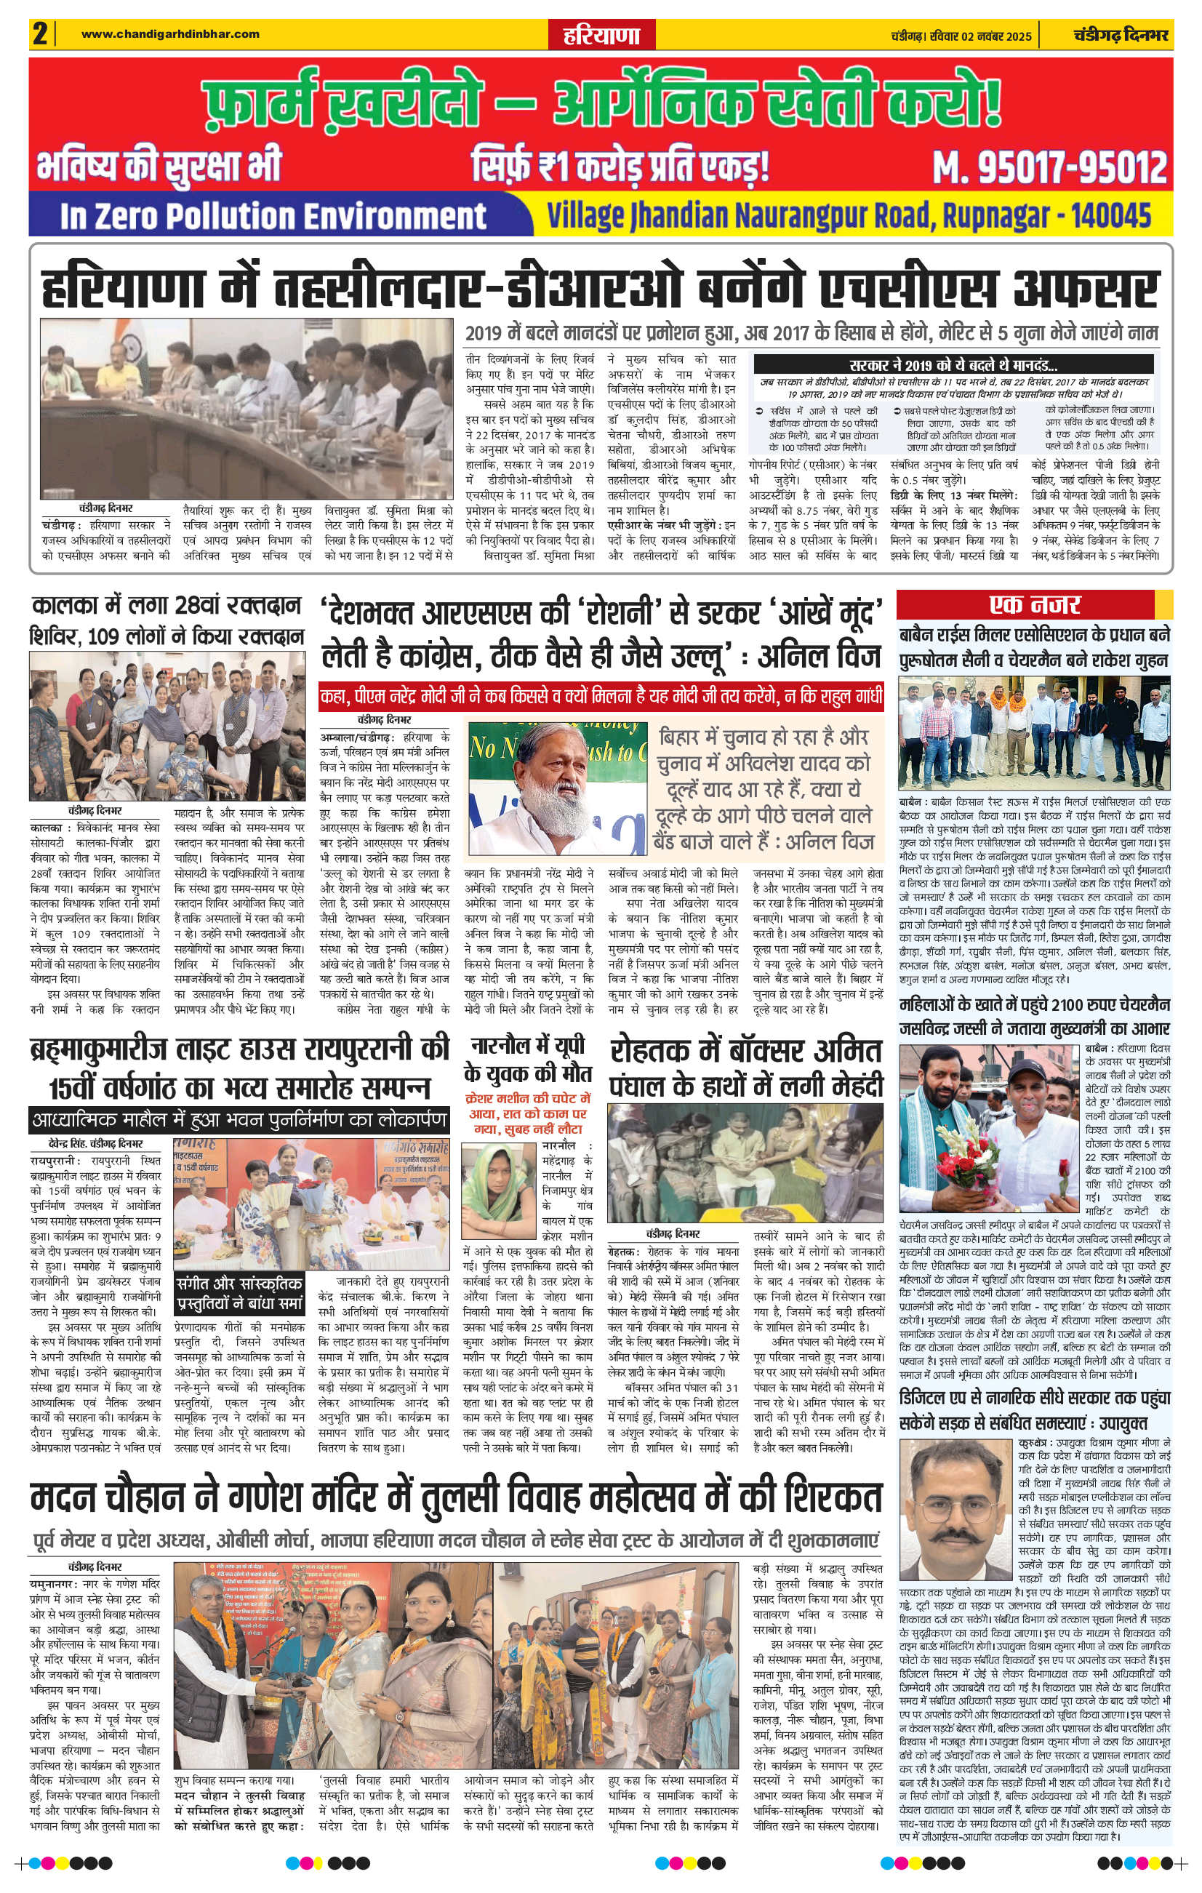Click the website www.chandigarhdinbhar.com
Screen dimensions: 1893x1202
coord(170,33)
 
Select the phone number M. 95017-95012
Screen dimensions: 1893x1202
coord(1049,167)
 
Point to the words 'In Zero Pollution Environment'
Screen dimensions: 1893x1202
coord(273,216)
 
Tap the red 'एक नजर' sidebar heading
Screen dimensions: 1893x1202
coord(1034,604)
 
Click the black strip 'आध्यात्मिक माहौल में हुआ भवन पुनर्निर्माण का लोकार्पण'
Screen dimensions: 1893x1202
coord(240,1118)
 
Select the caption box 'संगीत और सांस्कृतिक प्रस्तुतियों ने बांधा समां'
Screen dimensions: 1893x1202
coord(239,1292)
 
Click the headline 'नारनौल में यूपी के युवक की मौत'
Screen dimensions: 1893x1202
coord(527,1059)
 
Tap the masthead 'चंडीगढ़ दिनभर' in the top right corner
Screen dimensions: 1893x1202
coord(1121,36)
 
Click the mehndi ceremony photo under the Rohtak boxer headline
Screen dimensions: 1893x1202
coord(745,1162)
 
